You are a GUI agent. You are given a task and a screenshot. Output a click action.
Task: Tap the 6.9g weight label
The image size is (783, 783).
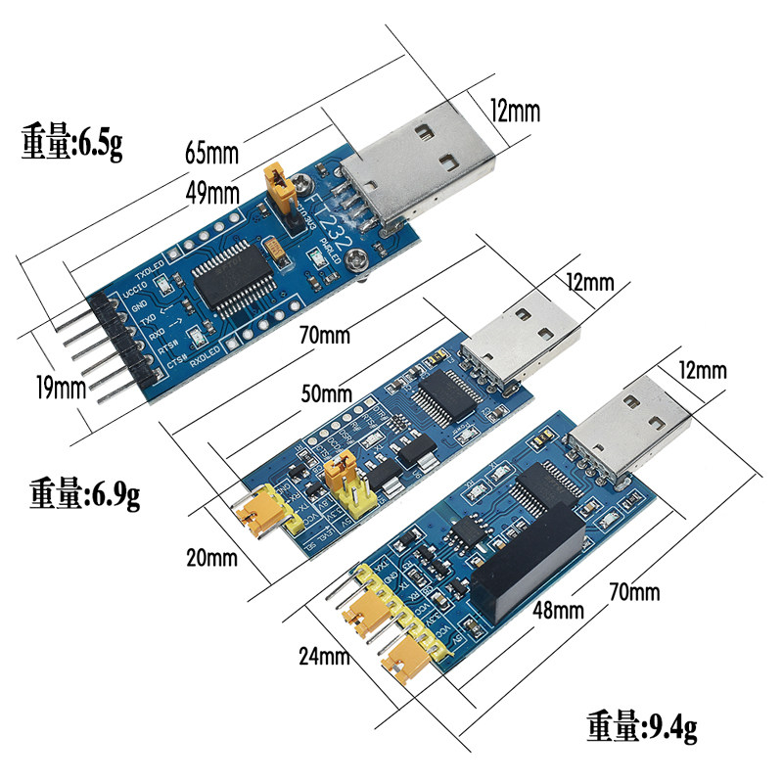point(84,492)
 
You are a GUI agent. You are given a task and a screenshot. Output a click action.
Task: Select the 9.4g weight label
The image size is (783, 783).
point(641,726)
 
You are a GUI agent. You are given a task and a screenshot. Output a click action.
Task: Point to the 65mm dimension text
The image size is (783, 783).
point(211,153)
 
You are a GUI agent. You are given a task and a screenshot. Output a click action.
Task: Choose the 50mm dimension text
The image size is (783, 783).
point(325,394)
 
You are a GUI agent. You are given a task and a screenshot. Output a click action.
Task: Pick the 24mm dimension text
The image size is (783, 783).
point(323,655)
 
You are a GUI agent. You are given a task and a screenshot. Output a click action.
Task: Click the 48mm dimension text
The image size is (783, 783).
point(558,610)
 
